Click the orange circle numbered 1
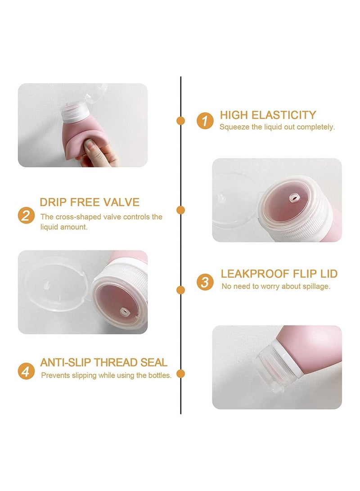click(205, 121)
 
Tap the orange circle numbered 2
click(26, 215)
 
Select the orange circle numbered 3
click(205, 282)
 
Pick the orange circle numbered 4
click(26, 371)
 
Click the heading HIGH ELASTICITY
click(268, 115)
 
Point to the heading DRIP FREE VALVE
click(90, 202)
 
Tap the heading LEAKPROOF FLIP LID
click(279, 274)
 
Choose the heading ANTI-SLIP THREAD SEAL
click(103, 362)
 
